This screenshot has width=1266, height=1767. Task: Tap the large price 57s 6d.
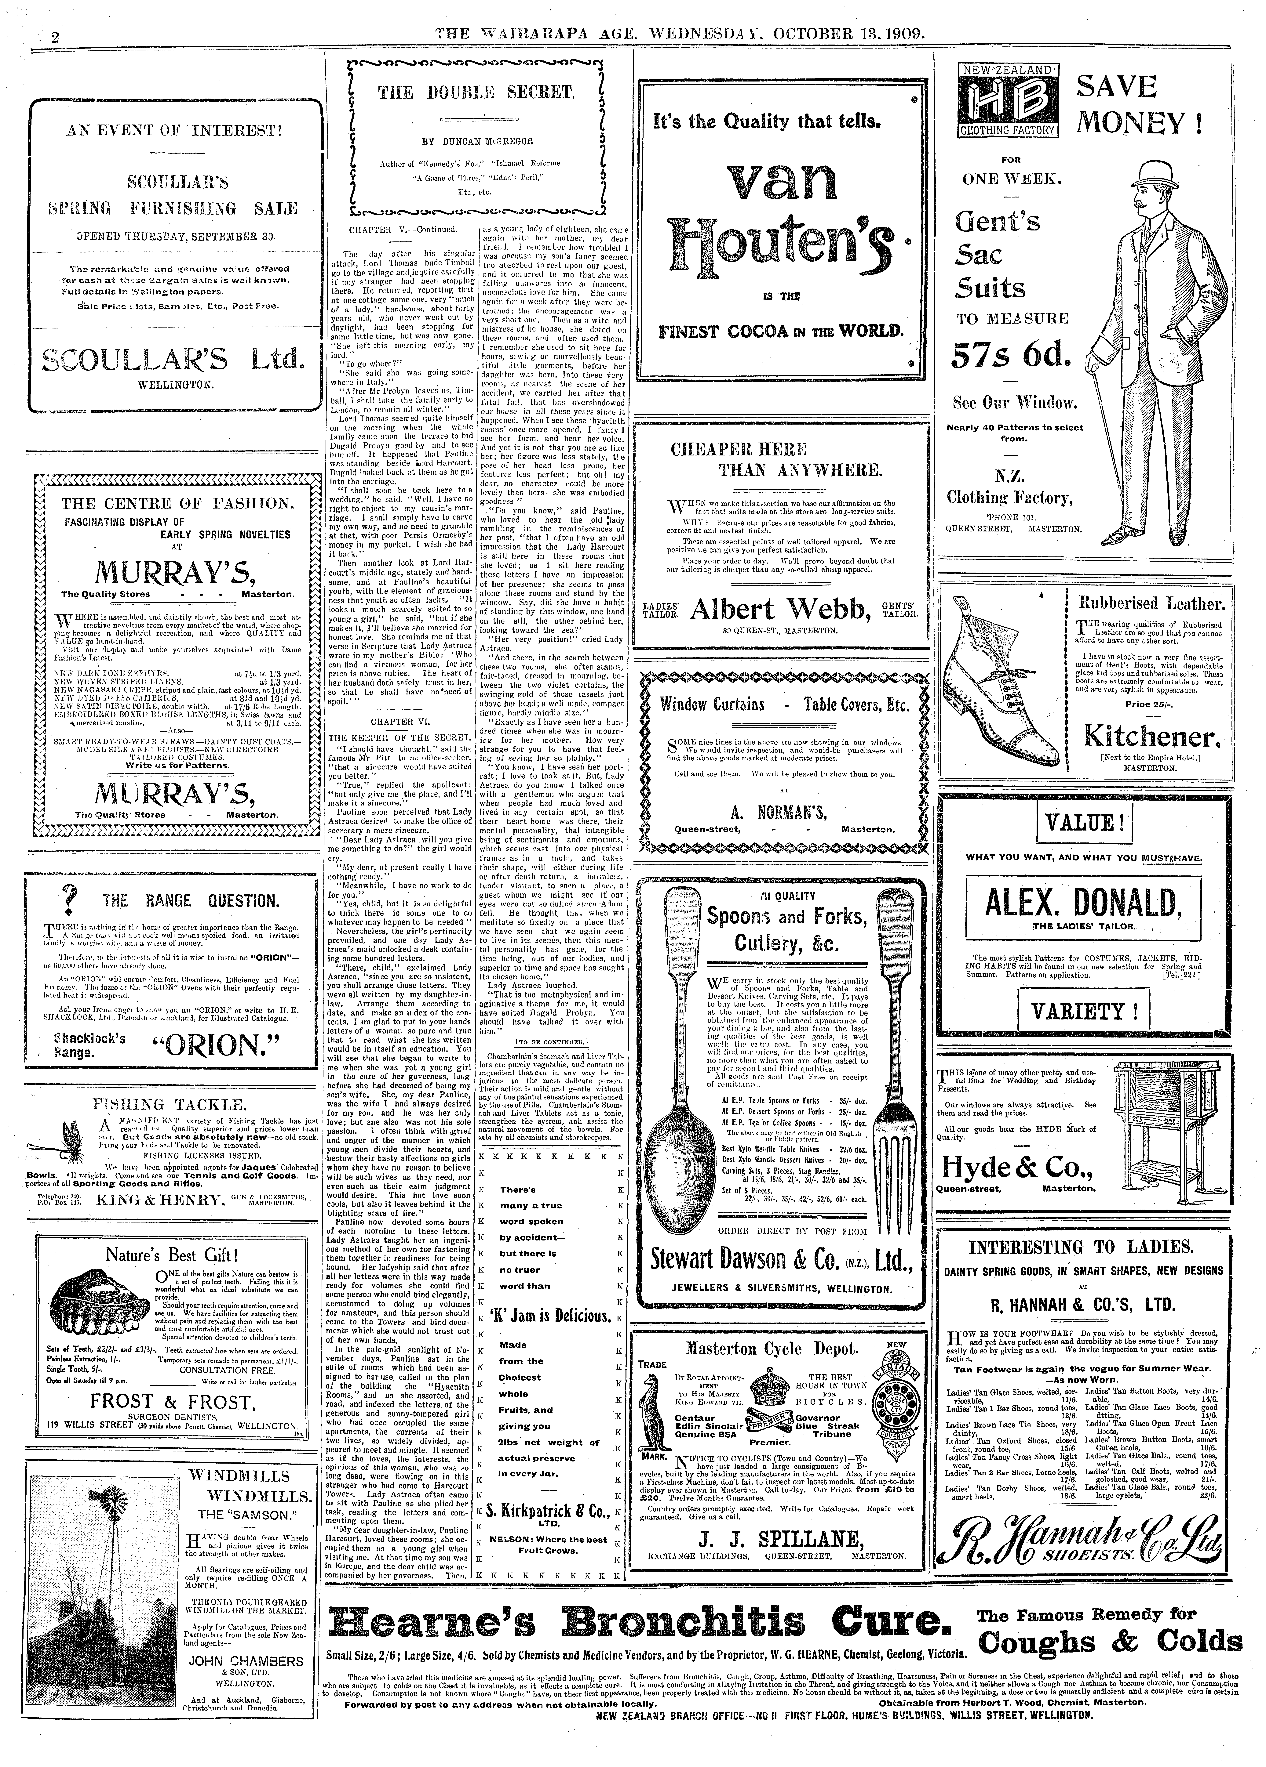tap(1012, 355)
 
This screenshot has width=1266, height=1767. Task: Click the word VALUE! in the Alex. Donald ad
tap(1084, 823)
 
